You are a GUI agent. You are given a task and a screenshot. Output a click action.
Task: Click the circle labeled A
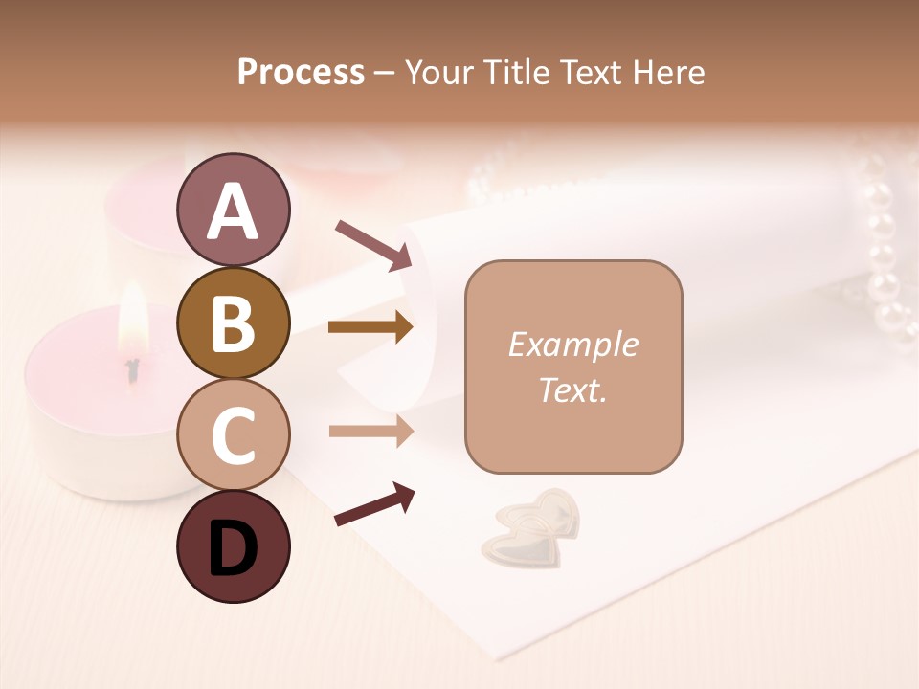(233, 210)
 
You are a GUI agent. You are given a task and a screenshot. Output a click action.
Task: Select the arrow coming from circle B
(370, 327)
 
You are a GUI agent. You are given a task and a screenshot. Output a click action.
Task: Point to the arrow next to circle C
(370, 432)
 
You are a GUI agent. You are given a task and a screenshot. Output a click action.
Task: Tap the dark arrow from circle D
(374, 504)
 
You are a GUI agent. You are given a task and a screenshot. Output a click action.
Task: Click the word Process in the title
(301, 72)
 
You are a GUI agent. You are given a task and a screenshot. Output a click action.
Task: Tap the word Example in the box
(572, 344)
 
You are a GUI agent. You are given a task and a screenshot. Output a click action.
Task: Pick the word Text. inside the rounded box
(572, 389)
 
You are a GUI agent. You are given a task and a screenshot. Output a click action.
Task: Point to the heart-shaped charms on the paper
(532, 525)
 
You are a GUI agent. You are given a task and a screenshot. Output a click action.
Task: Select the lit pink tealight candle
(96, 402)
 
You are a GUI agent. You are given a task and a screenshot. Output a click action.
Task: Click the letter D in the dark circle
(233, 547)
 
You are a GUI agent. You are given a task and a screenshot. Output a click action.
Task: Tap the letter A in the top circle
(233, 211)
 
